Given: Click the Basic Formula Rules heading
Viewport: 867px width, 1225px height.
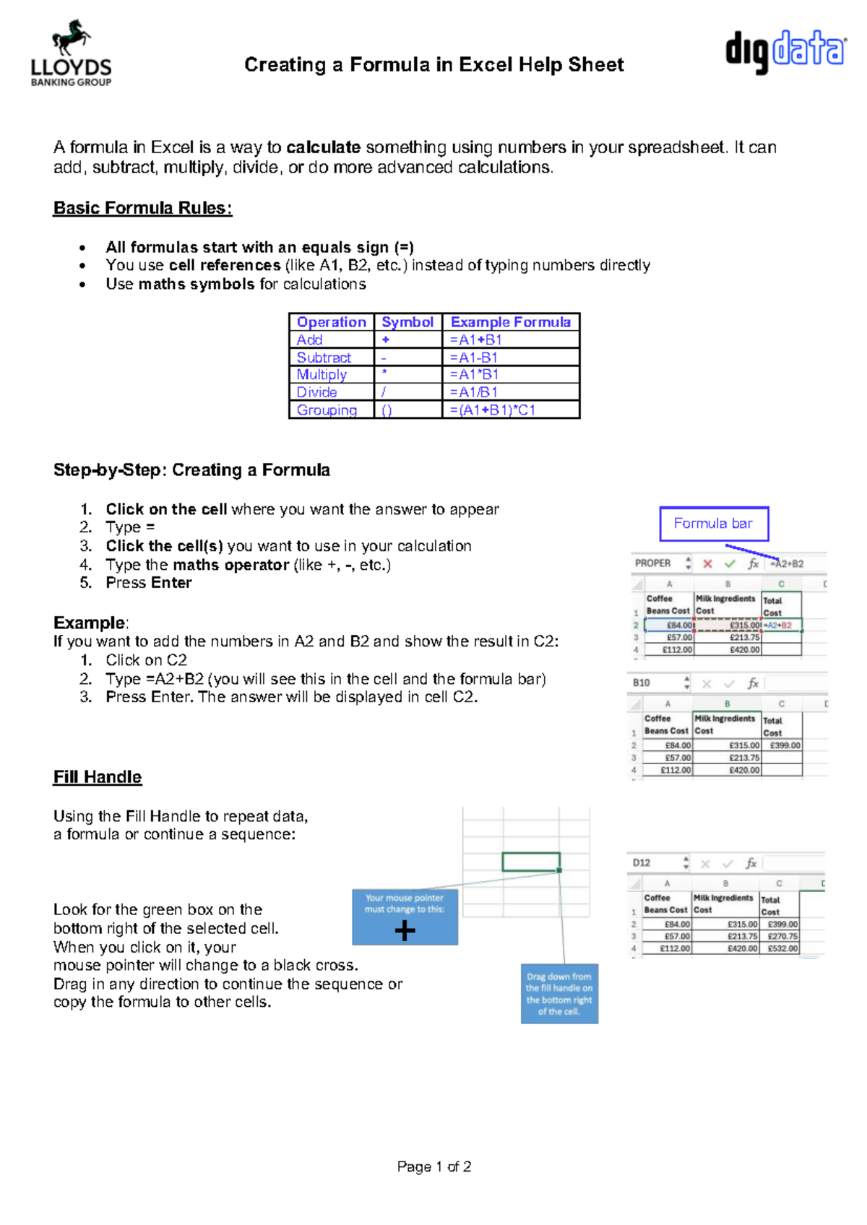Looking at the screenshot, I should (x=142, y=208).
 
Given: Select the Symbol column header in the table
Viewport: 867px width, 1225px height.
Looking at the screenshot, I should (x=407, y=322).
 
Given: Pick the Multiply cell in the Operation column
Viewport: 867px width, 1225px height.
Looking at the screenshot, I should (x=322, y=375).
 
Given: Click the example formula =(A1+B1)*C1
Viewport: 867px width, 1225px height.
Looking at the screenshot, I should (x=493, y=410).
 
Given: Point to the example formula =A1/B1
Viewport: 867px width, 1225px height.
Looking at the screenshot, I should (x=474, y=392).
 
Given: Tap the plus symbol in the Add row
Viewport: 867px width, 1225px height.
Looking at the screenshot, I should (x=386, y=339).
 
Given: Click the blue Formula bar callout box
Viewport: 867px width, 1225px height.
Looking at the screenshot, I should (x=713, y=524).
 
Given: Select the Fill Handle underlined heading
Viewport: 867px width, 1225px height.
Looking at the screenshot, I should (x=98, y=777).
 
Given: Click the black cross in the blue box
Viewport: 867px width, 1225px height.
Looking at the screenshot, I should (x=405, y=930).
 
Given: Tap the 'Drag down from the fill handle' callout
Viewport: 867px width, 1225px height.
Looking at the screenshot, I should (x=559, y=994).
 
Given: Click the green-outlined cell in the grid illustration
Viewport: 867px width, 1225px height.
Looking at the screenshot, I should (x=531, y=862).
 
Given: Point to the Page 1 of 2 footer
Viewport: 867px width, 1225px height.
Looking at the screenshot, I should (x=434, y=1166).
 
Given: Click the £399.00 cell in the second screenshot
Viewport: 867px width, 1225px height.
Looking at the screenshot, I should (x=785, y=745).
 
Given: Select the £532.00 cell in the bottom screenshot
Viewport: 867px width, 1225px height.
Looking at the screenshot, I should (x=782, y=948).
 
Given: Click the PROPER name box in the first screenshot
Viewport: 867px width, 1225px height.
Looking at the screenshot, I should (x=653, y=563).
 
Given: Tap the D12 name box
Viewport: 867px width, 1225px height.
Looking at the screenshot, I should (x=642, y=862).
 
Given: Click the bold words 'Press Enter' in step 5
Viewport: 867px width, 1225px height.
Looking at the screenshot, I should (x=149, y=583).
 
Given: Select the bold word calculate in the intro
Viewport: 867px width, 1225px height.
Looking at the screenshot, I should (x=323, y=147).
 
